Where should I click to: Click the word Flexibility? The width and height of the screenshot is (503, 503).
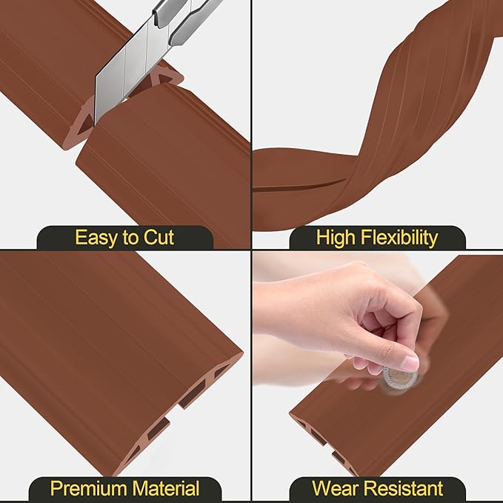403,238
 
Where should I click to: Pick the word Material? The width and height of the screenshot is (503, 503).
167,489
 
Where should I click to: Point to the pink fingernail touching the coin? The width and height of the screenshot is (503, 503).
409,363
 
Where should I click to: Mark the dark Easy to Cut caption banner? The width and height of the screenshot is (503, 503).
125,238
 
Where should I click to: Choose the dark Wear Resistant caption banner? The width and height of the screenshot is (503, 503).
377,489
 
